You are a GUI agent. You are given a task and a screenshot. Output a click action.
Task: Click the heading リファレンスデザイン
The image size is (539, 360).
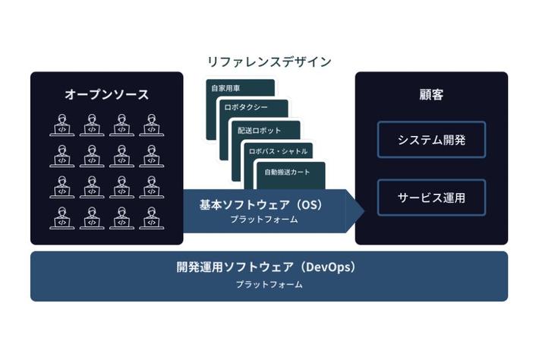click(269, 62)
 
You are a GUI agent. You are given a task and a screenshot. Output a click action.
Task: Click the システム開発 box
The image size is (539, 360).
click(431, 140)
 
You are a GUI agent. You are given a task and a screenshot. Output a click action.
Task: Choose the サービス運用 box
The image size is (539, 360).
click(431, 198)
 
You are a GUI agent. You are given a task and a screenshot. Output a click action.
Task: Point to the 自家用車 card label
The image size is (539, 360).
click(225, 88)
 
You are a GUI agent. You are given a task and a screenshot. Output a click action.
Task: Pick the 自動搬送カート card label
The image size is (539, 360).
click(283, 172)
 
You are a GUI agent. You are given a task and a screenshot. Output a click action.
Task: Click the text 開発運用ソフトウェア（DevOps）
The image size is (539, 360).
click(266, 267)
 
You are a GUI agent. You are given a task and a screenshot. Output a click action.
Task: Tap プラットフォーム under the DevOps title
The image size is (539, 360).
click(269, 285)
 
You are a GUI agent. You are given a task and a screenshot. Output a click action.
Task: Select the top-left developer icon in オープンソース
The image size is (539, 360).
click(61, 125)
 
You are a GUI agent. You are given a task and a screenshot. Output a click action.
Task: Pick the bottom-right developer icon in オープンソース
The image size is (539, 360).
click(151, 216)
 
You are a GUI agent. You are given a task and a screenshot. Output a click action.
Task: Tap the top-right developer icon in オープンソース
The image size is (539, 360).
click(151, 125)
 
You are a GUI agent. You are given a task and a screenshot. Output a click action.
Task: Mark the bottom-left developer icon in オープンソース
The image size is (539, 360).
click(61, 216)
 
